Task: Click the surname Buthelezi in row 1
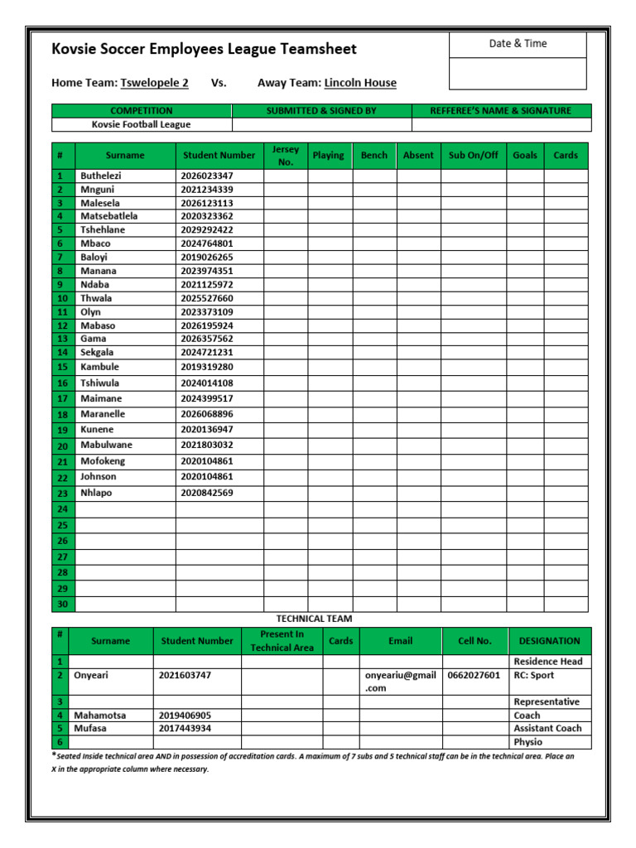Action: [x=100, y=176]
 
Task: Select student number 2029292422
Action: [x=206, y=229]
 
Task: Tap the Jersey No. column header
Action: [x=286, y=155]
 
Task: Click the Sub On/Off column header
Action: [x=473, y=155]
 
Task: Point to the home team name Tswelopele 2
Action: [x=154, y=83]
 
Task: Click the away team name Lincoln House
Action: [x=360, y=83]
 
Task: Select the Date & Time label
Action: [x=518, y=44]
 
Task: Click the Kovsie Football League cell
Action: [x=141, y=124]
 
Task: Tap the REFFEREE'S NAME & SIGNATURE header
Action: [x=501, y=110]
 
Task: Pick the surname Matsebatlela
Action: [x=109, y=216]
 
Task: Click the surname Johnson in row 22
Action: [x=98, y=476]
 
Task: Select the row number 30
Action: [x=62, y=605]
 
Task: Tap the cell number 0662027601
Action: [x=474, y=675]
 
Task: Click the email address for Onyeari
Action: [x=400, y=681]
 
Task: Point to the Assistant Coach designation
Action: [x=547, y=729]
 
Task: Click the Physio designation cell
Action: [x=528, y=742]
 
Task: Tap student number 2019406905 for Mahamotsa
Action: [x=185, y=715]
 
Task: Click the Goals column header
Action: [x=524, y=155]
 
